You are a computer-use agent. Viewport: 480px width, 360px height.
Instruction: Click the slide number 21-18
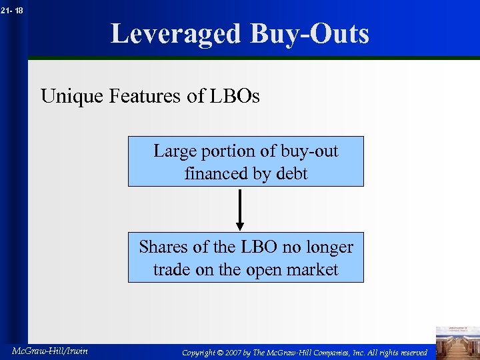[12, 10]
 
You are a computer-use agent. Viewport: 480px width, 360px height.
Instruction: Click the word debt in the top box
[292, 174]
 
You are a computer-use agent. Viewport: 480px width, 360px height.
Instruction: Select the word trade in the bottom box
[171, 269]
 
